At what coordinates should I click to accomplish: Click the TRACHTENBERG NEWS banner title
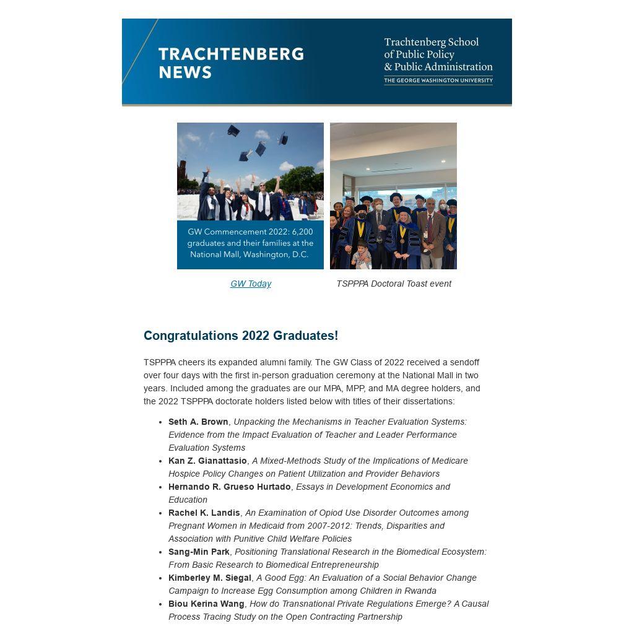click(231, 63)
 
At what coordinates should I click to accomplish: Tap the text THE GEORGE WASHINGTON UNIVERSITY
click(438, 80)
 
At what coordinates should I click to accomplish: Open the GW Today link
click(251, 284)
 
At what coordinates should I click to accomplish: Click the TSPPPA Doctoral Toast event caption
click(394, 284)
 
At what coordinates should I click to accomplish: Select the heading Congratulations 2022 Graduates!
click(241, 336)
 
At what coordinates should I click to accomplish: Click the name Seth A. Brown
click(198, 422)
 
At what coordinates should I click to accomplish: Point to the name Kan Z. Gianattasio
click(207, 461)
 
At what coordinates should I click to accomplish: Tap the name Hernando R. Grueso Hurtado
click(229, 487)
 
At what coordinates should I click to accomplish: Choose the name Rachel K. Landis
click(204, 513)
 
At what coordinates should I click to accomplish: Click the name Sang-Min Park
click(199, 552)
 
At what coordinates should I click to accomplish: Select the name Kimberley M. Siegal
click(209, 578)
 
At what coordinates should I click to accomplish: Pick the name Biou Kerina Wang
click(206, 604)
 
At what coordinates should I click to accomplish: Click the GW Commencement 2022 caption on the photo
click(250, 243)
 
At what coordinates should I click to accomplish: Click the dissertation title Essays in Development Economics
click(372, 487)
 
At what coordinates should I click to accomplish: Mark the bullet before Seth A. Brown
click(160, 422)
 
